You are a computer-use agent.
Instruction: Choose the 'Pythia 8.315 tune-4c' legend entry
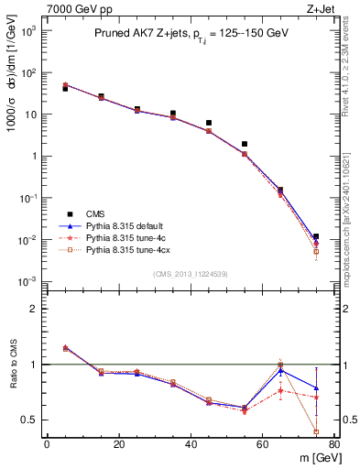click(126, 236)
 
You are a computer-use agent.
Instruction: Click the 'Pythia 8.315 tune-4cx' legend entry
click(129, 249)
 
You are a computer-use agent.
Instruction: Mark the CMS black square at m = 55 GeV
click(245, 144)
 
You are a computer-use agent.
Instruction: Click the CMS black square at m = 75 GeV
click(316, 236)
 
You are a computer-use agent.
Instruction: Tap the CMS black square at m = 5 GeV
click(65, 89)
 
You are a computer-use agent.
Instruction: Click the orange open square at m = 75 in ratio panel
click(316, 431)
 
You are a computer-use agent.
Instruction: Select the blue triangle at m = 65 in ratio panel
click(280, 371)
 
